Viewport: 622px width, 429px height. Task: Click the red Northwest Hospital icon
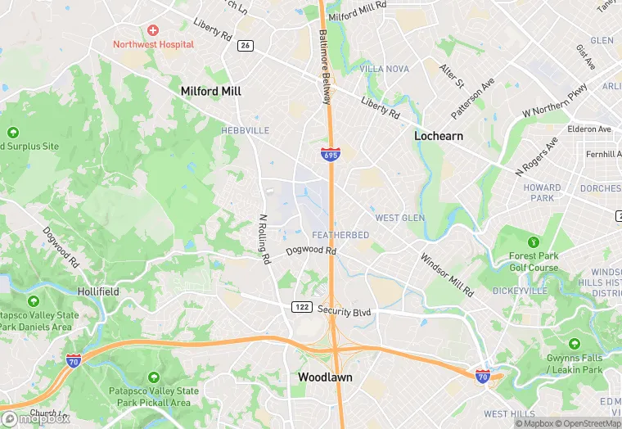(x=153, y=30)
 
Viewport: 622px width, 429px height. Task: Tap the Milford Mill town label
(x=211, y=92)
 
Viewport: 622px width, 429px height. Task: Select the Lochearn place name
(x=439, y=136)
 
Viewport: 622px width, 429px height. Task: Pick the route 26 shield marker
(x=246, y=45)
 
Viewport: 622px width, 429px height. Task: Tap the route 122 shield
(x=300, y=306)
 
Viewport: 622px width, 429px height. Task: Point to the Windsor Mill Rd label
(x=447, y=274)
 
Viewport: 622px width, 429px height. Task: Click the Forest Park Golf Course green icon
(x=534, y=242)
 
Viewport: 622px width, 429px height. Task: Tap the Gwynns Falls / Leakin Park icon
(x=575, y=344)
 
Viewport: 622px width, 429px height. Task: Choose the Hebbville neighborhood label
(x=245, y=130)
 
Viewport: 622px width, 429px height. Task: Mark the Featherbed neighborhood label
(x=340, y=235)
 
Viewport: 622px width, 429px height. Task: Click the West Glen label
(x=399, y=218)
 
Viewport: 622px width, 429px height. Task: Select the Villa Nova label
(x=384, y=69)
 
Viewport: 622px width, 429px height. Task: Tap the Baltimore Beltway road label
(x=325, y=67)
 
